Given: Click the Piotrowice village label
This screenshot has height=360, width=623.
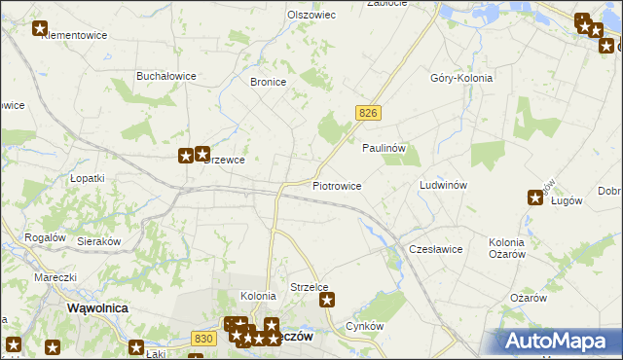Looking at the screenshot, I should click(337, 185).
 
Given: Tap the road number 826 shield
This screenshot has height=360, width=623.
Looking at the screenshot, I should click(367, 114).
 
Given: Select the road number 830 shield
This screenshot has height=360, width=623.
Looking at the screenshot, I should click(203, 338).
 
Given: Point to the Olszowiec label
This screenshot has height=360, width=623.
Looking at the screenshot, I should click(311, 16).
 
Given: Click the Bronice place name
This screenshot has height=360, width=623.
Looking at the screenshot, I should click(268, 83).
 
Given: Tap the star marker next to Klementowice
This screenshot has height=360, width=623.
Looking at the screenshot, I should click(40, 29).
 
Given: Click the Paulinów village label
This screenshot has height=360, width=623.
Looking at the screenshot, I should click(384, 148).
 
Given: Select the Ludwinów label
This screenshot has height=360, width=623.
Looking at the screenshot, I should click(444, 185).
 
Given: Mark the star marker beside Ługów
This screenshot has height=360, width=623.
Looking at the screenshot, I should click(535, 198).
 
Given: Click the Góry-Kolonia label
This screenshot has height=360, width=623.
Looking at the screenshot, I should click(461, 78).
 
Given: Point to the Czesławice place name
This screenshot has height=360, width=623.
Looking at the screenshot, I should click(435, 249).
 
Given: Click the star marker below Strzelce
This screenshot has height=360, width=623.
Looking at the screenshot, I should click(328, 301).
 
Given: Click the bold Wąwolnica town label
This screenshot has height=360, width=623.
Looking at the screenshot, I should click(98, 307).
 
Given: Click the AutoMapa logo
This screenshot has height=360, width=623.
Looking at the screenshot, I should click(555, 341).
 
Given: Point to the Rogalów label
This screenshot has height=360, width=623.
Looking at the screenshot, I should click(45, 237).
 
